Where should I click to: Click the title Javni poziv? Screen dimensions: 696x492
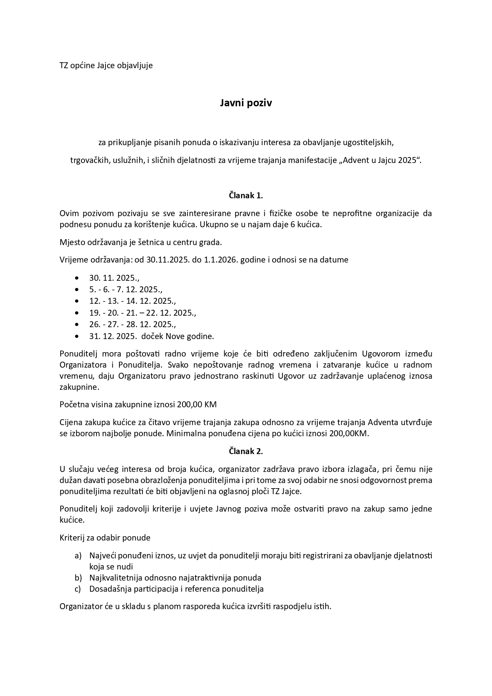pyautogui.click(x=246, y=103)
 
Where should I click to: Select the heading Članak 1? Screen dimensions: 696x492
pyautogui.click(x=246, y=196)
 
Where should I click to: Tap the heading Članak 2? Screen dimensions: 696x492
pyautogui.click(x=246, y=451)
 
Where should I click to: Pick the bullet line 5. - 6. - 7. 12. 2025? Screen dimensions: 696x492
pyautogui.click(x=126, y=290)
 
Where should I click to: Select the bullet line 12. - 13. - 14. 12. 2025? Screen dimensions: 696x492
pyautogui.click(x=133, y=301)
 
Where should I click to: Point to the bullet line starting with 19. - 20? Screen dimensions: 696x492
pyautogui.click(x=142, y=313)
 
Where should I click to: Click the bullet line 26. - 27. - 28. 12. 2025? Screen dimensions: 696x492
pyautogui.click(x=133, y=324)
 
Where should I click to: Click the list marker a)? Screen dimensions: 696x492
pyautogui.click(x=78, y=556)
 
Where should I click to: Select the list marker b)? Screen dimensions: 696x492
pyautogui.click(x=78, y=578)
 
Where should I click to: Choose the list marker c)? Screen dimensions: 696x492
pyautogui.click(x=78, y=589)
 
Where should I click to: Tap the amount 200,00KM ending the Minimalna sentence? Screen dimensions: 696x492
pyautogui.click(x=348, y=433)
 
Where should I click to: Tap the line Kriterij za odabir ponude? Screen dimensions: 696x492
pyautogui.click(x=105, y=538)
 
